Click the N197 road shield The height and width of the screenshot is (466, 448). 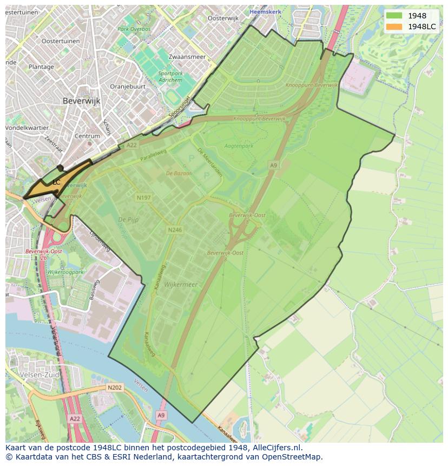[144, 198]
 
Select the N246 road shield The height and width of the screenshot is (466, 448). [174, 230]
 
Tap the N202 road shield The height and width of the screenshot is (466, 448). [114, 388]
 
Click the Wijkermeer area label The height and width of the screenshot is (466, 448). [181, 284]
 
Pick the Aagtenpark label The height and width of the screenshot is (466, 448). [239, 146]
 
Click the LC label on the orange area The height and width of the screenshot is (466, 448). [56, 182]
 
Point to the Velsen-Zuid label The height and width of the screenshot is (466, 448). [38, 375]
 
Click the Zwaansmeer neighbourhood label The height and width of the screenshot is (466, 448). [187, 56]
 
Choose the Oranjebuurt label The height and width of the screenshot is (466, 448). [128, 86]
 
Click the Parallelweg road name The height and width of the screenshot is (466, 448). [153, 156]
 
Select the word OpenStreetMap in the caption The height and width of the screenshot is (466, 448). [294, 457]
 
